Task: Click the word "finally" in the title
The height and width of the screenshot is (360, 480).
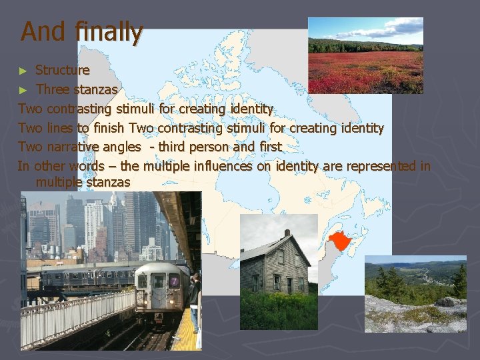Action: (x=109, y=31)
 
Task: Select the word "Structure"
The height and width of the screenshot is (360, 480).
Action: (x=62, y=70)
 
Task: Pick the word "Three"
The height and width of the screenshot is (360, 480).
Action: (x=53, y=89)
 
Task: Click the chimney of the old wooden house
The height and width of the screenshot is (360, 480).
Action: (x=287, y=234)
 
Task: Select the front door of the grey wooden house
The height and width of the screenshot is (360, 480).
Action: (x=289, y=285)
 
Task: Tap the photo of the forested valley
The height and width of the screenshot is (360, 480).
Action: (x=415, y=293)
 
